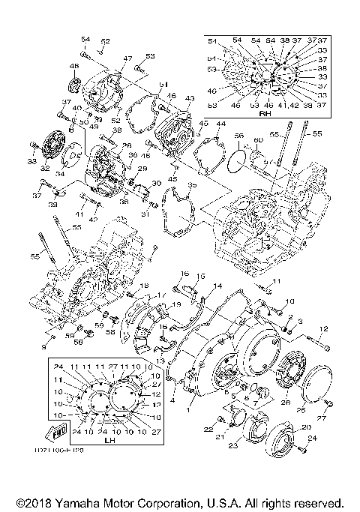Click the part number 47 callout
[127, 58]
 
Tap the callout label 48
[73, 67]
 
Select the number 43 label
[189, 98]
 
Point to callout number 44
[220, 124]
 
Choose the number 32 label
[45, 169]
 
